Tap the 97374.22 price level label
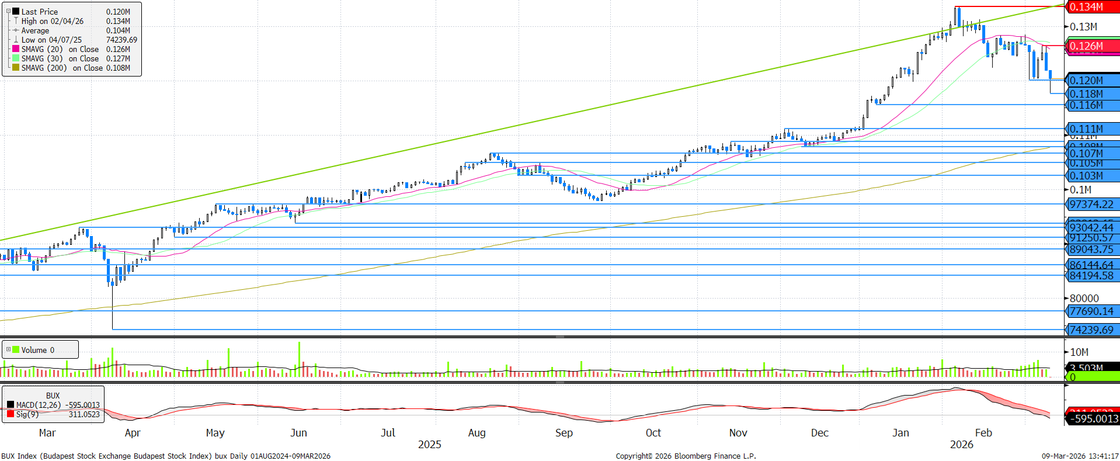click(x=1091, y=204)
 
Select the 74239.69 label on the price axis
click(x=1091, y=330)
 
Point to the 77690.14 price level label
click(x=1091, y=311)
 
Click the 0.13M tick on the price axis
click(x=1083, y=27)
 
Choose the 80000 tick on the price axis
click(x=1084, y=299)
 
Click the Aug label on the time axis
click(x=476, y=433)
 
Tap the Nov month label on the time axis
click(x=738, y=433)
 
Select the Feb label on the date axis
click(x=983, y=433)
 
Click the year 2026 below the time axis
click(x=961, y=445)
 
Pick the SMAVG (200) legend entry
click(x=44, y=68)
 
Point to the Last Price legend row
click(x=39, y=12)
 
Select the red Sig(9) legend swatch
click(x=11, y=414)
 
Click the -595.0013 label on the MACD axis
click(x=1094, y=418)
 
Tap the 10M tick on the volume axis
click(x=1079, y=352)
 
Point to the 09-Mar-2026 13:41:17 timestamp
click(x=1080, y=456)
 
